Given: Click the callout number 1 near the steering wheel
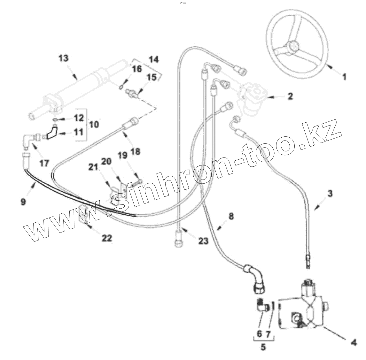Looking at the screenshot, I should pos(344,77).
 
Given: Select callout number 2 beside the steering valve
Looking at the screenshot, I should pos(290,96).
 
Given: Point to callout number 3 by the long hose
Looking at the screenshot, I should pos(330,194).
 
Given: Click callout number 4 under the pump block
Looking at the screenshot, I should pos(353,343).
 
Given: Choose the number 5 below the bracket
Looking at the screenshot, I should pos(263,347).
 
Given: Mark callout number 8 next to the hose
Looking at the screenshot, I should pos(231,216).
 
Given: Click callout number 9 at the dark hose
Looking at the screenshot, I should pos(23,202).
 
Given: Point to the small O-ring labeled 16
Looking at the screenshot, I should pos(122,87).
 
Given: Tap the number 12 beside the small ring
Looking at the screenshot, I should pos(78,118).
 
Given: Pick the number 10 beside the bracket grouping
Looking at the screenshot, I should pos(94,124).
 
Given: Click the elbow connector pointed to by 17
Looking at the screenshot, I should pos(27,140).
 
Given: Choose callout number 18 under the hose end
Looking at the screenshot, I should pos(135,151).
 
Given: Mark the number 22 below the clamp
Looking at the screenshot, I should pos(107,238).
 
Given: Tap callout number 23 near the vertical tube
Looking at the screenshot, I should pos(203,241).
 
